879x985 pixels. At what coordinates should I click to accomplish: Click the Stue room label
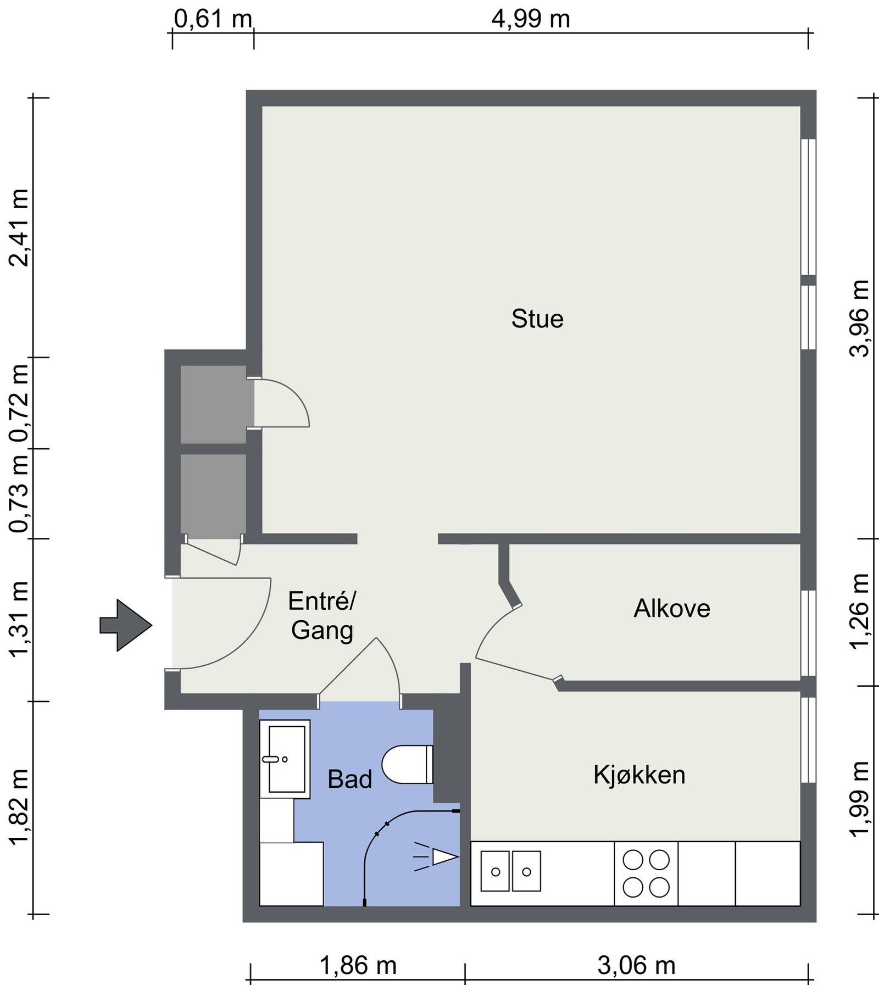[537, 319]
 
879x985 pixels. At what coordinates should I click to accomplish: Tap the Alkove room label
[672, 608]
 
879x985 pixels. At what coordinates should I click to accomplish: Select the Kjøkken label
[639, 775]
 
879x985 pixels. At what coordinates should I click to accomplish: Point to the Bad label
[350, 779]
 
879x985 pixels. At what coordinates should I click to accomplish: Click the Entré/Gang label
[322, 616]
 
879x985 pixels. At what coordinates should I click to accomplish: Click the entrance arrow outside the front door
[125, 625]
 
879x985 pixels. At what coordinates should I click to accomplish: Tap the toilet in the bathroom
[407, 764]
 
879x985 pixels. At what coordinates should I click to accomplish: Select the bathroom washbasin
[285, 759]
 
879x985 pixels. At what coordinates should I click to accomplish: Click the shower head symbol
[436, 857]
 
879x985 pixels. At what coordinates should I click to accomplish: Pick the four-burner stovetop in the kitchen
[646, 873]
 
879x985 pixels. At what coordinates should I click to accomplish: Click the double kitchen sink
[510, 871]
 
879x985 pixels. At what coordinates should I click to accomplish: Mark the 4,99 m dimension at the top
[531, 20]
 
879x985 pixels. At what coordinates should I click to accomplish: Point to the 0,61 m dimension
[213, 20]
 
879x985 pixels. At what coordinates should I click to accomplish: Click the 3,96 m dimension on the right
[860, 319]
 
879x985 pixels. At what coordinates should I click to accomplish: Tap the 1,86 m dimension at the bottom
[358, 965]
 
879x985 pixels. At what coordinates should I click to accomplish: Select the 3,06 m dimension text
[637, 965]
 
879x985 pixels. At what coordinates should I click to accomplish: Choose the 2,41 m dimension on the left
[19, 227]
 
